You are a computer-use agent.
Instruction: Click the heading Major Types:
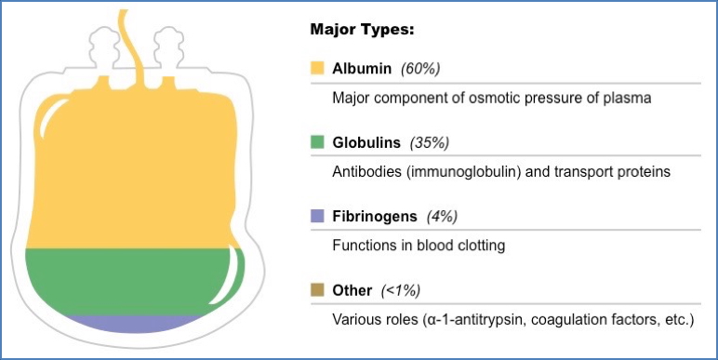tap(362, 30)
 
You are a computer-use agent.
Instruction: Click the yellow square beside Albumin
tap(317, 68)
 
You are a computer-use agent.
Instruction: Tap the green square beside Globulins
tap(317, 142)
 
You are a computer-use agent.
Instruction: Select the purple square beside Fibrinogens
tap(317, 217)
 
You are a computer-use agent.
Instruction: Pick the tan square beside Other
tap(317, 290)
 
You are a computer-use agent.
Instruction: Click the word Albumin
tap(361, 68)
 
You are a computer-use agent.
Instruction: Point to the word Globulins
tap(366, 142)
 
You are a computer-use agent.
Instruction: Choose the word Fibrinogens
tap(373, 217)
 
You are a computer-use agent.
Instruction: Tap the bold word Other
tap(352, 290)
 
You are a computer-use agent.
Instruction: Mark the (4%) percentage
tap(442, 217)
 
